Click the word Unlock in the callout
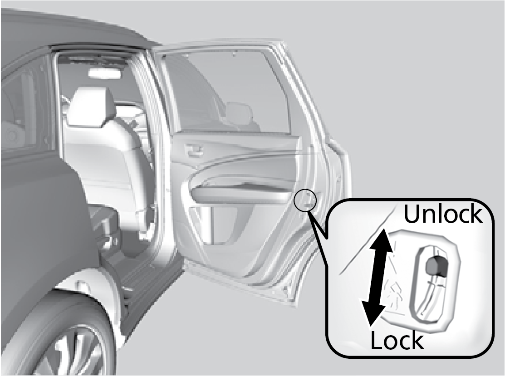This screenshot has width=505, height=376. point(443,214)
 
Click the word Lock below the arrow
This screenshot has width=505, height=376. point(397,340)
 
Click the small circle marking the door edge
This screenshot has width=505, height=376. point(305,200)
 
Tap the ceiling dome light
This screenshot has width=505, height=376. point(105,73)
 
